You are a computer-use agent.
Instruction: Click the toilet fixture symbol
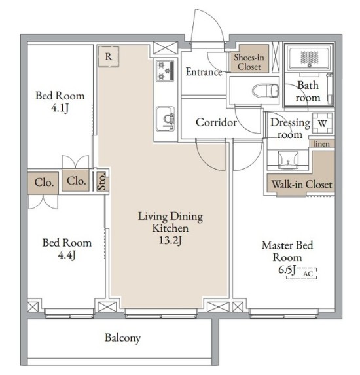(x=266, y=90)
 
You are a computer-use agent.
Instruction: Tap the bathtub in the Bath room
(x=308, y=58)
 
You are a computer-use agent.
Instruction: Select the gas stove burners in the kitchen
(x=165, y=70)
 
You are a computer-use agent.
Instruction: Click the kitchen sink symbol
(x=166, y=119)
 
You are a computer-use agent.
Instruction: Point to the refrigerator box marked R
(x=109, y=57)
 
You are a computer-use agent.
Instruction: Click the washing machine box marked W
(x=323, y=123)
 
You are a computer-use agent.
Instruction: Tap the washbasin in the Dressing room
(x=288, y=160)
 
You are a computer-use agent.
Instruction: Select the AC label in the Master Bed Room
(x=308, y=274)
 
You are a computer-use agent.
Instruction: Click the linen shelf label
(x=322, y=144)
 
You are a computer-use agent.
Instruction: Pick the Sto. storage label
(x=102, y=181)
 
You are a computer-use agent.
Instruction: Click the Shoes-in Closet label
(x=249, y=62)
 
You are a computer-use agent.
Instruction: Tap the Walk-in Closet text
(x=302, y=185)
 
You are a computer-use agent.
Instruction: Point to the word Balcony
(x=122, y=338)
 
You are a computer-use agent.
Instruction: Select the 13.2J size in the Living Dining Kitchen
(x=170, y=240)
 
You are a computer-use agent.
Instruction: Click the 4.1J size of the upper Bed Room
(x=60, y=108)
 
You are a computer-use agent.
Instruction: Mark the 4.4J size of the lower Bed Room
(x=67, y=255)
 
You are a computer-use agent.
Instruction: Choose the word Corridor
(x=216, y=122)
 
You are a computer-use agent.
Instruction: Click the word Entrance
(x=204, y=72)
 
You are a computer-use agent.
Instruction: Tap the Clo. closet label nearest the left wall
(x=44, y=183)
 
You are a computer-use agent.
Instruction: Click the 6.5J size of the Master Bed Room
(x=287, y=270)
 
